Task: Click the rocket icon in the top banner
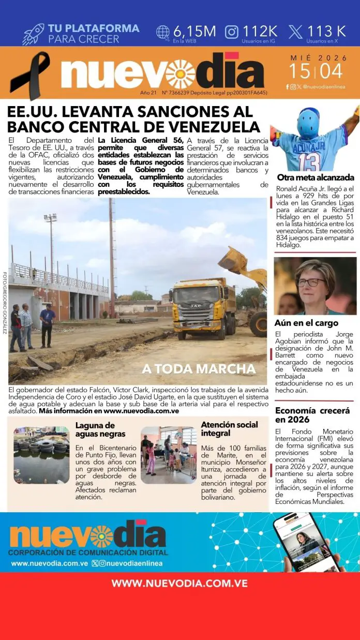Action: click(33, 34)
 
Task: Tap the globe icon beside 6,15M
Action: click(163, 32)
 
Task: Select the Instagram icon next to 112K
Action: click(232, 32)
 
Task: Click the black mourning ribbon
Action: click(29, 75)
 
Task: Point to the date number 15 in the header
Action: click(301, 70)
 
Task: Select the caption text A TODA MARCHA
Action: click(199, 369)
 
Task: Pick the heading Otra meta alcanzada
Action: click(315, 177)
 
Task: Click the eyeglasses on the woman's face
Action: click(311, 282)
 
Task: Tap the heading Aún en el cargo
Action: click(306, 323)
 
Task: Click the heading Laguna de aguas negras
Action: click(100, 429)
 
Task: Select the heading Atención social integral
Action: click(229, 428)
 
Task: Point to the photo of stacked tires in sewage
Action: click(41, 455)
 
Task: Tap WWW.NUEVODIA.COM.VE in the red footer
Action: click(179, 583)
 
